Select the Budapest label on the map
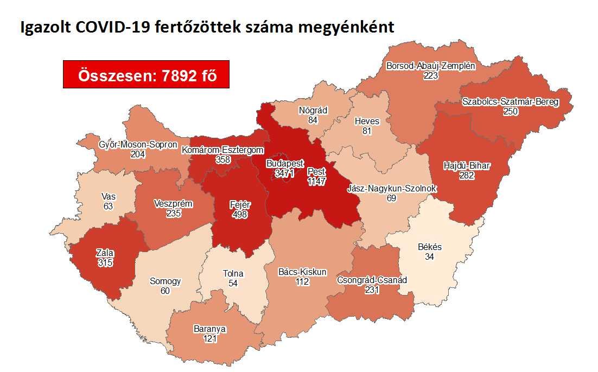tap(285, 163)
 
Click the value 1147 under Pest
tap(316, 182)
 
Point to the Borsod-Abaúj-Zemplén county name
tap(430, 66)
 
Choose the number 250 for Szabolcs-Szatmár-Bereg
tap(511, 112)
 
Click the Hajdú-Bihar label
tap(466, 165)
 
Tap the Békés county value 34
tap(430, 256)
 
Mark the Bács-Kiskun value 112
tap(302, 281)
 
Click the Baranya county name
tap(209, 329)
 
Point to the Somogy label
tap(165, 281)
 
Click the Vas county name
tap(107, 196)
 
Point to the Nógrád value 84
tap(313, 120)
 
